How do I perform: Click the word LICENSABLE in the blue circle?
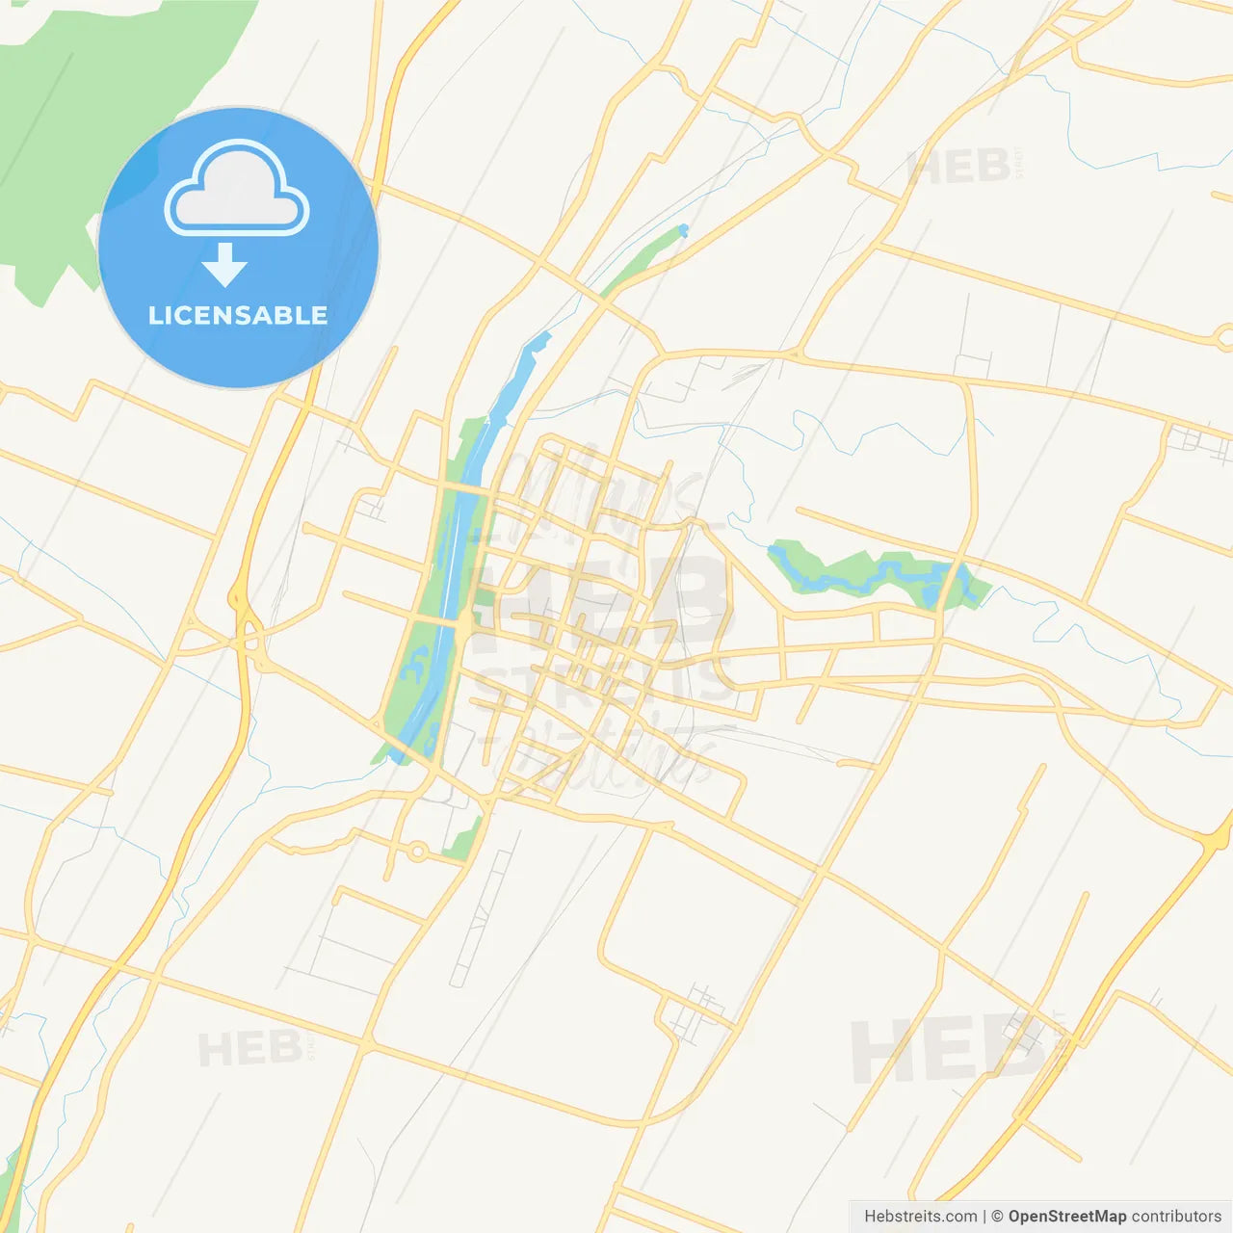pyautogui.click(x=238, y=315)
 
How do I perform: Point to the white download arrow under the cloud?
pyautogui.click(x=225, y=264)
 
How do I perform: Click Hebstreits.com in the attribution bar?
pyautogui.click(x=921, y=1217)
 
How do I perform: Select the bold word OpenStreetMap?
pyautogui.click(x=1066, y=1217)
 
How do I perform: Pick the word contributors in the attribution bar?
pyautogui.click(x=1175, y=1217)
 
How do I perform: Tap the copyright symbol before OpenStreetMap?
pyautogui.click(x=997, y=1217)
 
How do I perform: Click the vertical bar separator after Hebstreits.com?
pyautogui.click(x=984, y=1217)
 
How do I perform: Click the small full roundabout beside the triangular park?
pyautogui.click(x=417, y=851)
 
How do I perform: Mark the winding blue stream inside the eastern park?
pyautogui.click(x=867, y=576)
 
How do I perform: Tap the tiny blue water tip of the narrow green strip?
pyautogui.click(x=683, y=229)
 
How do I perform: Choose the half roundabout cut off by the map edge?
pyautogui.click(x=1224, y=337)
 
